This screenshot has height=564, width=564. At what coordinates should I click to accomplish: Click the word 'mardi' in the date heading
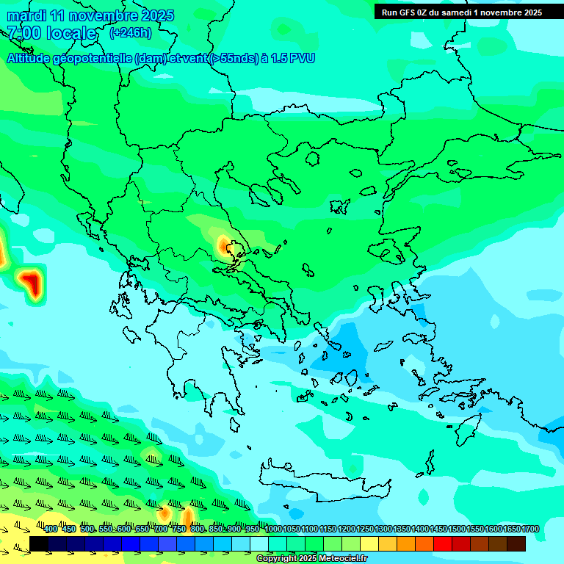26,15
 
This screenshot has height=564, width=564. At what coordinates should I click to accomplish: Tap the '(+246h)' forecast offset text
131,33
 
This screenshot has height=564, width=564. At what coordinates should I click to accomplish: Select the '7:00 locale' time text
51,33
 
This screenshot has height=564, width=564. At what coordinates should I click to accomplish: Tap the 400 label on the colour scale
51,529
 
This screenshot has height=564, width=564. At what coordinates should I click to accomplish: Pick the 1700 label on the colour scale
530,529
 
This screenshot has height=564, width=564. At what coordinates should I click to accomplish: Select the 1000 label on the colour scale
273,529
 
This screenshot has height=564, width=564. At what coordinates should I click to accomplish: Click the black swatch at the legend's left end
39,543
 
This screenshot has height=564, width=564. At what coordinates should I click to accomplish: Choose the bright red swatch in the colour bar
443,543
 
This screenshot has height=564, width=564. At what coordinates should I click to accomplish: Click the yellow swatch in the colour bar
369,543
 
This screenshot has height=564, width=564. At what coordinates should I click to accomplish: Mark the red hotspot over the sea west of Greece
30,283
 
